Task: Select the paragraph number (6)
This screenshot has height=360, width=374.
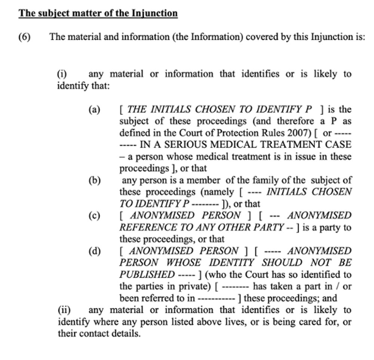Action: point(24,37)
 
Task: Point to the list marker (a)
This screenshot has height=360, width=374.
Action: point(95,110)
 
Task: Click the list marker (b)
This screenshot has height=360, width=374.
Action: point(95,180)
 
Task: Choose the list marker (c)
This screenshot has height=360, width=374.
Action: point(95,216)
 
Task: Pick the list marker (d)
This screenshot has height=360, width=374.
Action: point(95,251)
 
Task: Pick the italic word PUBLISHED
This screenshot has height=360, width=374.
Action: point(147,275)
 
